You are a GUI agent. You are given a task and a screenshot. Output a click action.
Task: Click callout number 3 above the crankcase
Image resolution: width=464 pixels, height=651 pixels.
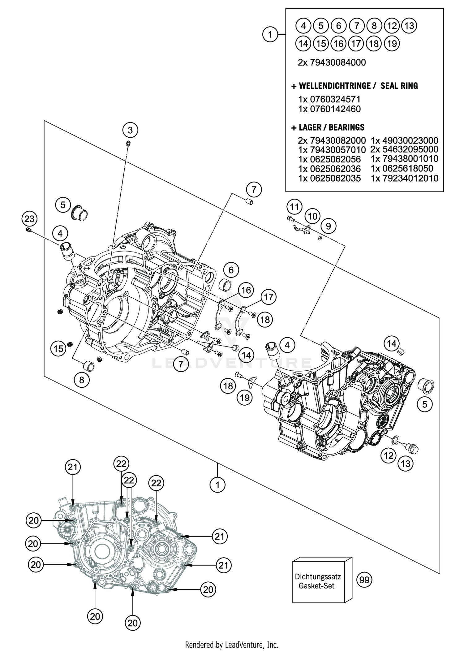pos(130,130)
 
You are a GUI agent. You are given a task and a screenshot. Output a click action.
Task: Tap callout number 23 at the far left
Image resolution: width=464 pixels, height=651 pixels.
pos(29,219)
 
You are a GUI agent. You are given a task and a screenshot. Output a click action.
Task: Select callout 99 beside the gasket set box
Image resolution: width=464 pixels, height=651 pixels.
pos(364,580)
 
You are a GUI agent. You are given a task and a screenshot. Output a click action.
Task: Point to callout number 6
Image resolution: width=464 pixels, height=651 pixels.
pos(231,270)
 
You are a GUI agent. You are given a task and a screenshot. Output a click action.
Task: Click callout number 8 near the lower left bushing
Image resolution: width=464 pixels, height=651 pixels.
pos(82,380)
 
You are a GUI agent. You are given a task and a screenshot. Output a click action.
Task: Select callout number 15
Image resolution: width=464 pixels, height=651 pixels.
pos(58,349)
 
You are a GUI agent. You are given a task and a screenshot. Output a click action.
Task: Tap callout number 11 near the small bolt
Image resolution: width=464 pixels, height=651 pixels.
pos(294,207)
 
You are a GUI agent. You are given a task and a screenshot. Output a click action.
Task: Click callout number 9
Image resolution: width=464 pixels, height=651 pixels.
pos(328,226)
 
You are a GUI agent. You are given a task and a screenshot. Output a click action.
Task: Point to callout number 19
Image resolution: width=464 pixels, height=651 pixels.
pos(245,398)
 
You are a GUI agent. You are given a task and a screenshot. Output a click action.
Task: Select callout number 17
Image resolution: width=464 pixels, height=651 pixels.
pos(269,297)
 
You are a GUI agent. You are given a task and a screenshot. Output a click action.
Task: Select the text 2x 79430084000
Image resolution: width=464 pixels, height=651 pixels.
pos(332,63)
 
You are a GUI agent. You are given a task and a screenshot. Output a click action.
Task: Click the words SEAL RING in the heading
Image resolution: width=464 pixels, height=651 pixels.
pos(399,86)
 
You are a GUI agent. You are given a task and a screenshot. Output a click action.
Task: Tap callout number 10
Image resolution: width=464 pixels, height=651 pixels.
pos(312,216)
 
